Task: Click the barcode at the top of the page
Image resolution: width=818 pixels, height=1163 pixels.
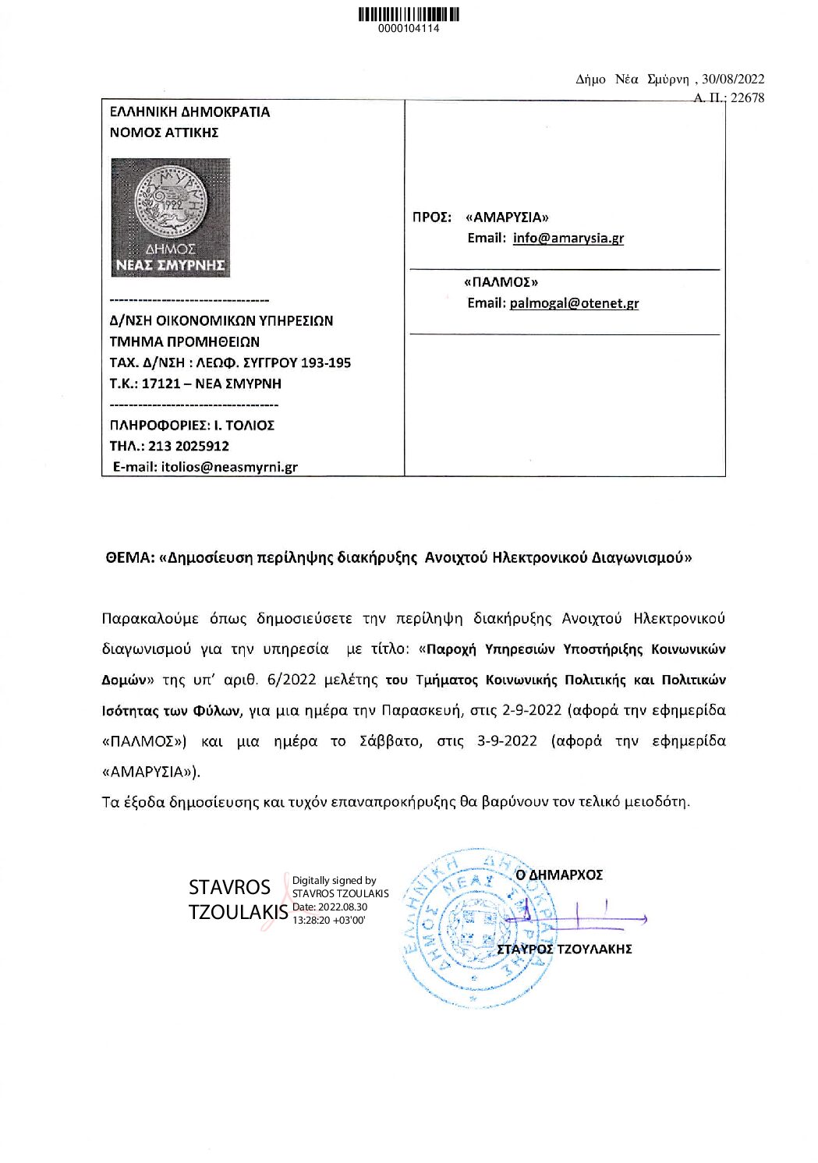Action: (x=409, y=13)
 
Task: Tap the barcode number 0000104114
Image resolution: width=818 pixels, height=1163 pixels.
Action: (x=409, y=29)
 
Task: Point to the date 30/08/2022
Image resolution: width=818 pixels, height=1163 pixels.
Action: (x=733, y=79)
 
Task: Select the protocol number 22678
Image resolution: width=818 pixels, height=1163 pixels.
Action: (x=747, y=98)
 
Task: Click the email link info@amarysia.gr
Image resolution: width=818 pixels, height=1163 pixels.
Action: (x=568, y=239)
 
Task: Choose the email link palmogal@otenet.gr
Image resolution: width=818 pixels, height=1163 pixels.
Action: (x=574, y=303)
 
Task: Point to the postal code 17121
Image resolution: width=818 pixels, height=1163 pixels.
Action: (x=161, y=384)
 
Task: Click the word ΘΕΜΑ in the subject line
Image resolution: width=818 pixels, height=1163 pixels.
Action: (x=129, y=558)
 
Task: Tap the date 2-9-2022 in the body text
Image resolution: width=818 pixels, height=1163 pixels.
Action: (x=532, y=710)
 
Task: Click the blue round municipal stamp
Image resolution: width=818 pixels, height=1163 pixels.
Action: (x=476, y=928)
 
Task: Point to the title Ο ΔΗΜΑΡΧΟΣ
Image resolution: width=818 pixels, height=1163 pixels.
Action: (x=559, y=875)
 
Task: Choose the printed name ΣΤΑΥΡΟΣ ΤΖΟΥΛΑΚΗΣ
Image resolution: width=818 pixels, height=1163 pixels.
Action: (x=565, y=949)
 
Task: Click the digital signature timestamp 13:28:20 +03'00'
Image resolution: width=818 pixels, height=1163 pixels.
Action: (x=328, y=920)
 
